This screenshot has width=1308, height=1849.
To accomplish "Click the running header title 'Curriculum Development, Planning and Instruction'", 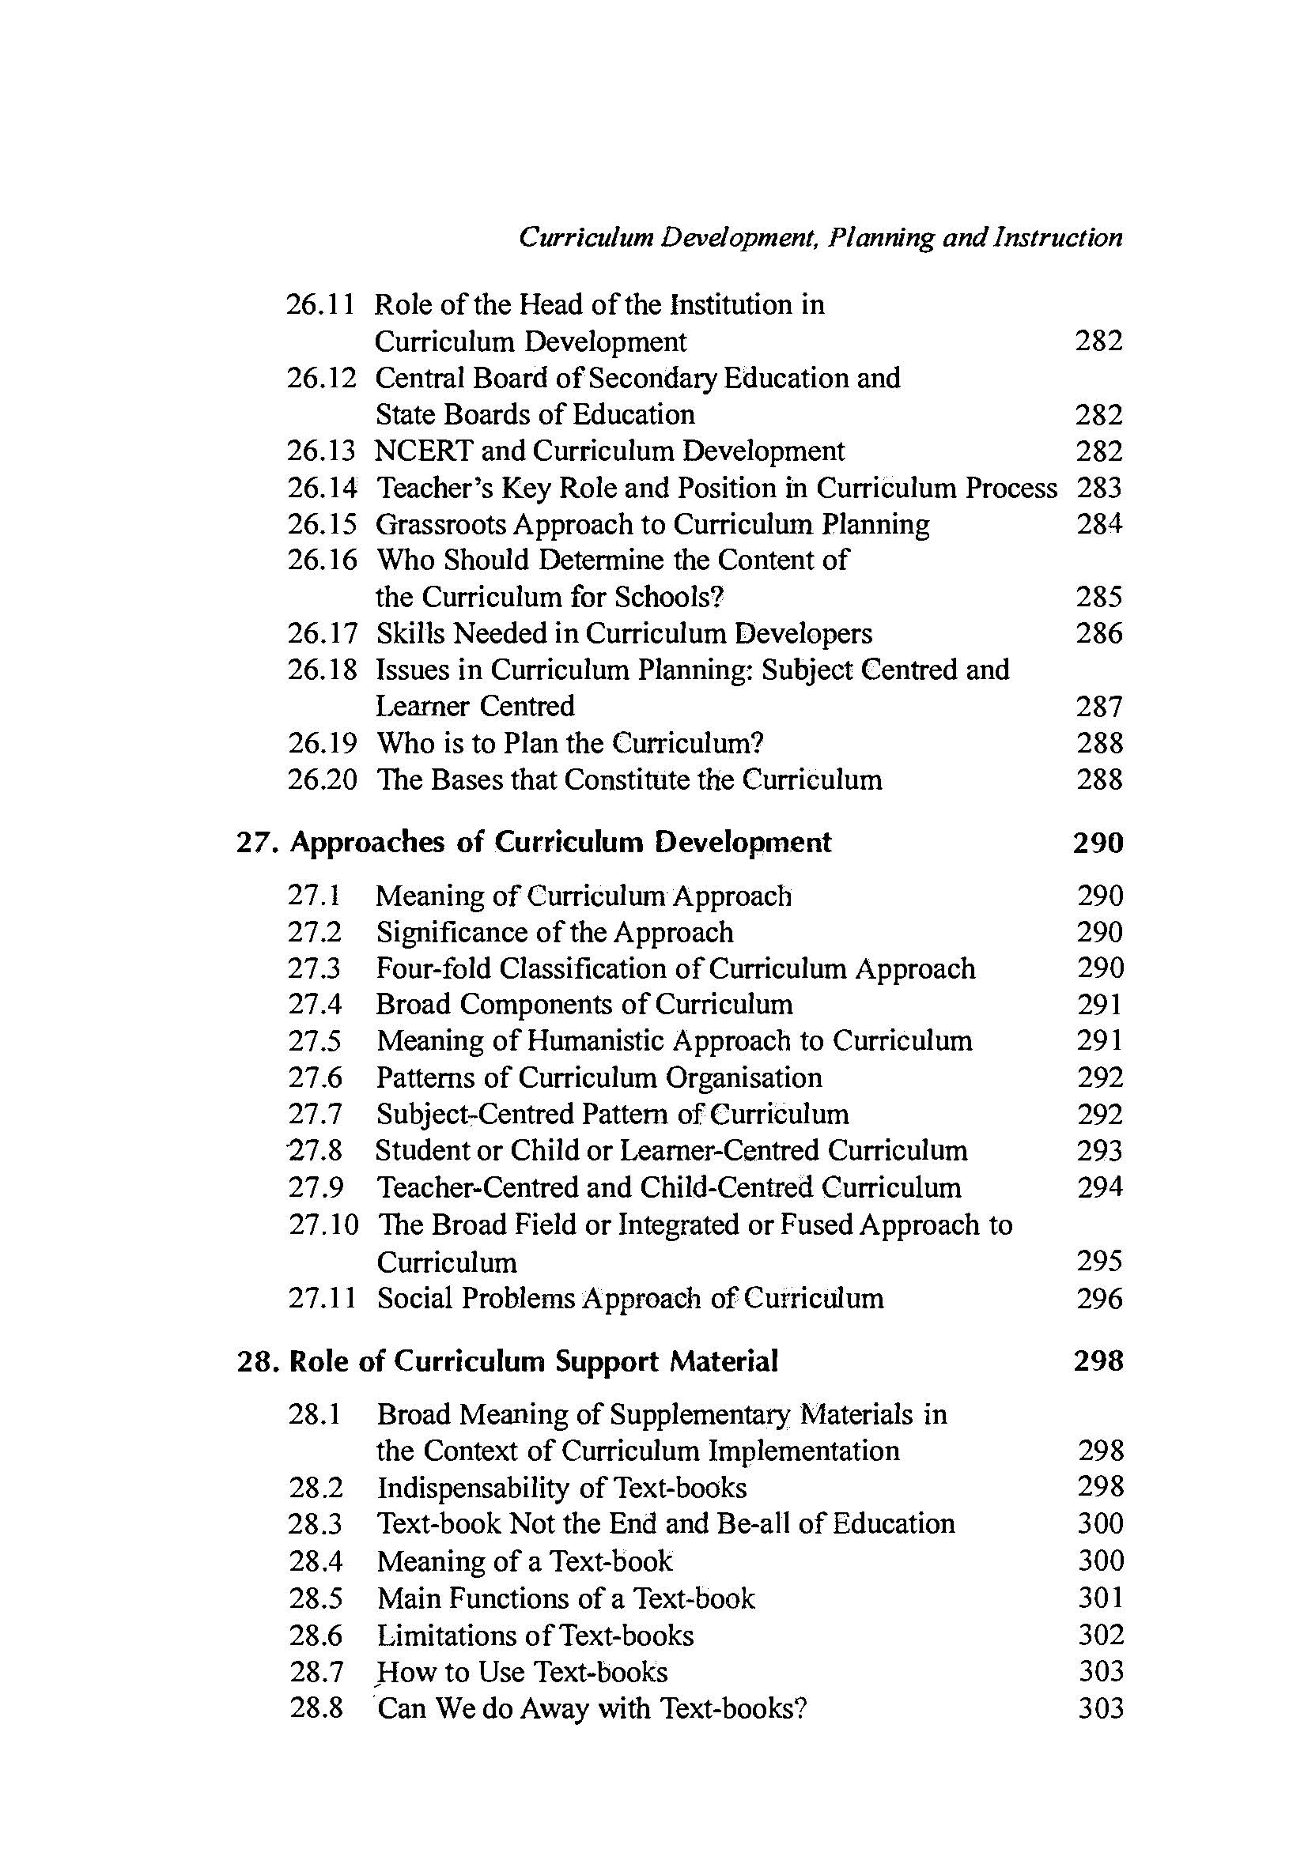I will (x=820, y=238).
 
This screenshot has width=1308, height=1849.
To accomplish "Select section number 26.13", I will (x=321, y=451).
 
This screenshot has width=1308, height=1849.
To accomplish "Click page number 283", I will (x=1098, y=488).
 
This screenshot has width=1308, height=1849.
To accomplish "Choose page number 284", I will (x=1098, y=524).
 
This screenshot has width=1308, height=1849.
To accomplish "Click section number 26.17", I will (x=321, y=634).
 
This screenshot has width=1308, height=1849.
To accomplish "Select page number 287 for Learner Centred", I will (x=1098, y=707).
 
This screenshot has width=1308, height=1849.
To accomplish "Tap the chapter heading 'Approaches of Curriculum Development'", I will (x=560, y=843).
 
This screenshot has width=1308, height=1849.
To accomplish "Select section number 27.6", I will (x=315, y=1077).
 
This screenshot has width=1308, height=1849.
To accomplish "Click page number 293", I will (x=1099, y=1151).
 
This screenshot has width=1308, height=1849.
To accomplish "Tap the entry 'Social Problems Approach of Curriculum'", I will (x=629, y=1298).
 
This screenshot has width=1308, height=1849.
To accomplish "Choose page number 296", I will (x=1099, y=1298).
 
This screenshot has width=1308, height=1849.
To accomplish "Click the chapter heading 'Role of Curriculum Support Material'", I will (x=533, y=1362).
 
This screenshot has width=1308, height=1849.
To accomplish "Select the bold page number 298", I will (x=1098, y=1362).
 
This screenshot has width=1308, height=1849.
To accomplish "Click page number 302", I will (x=1100, y=1635).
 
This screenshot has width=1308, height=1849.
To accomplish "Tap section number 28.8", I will (x=316, y=1708).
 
